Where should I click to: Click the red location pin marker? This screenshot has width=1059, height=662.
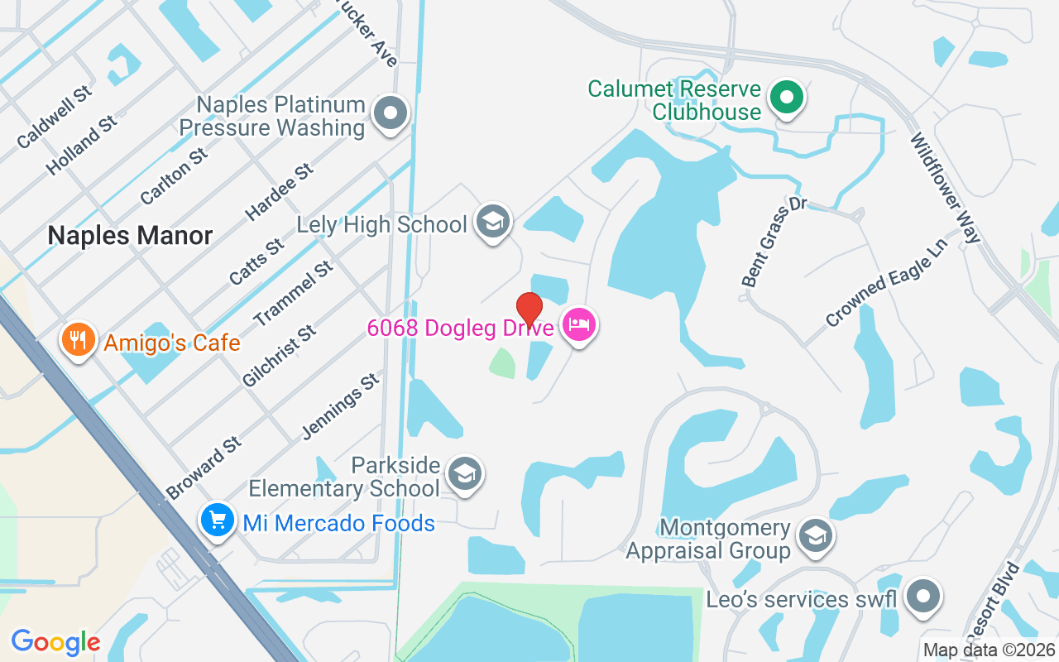coord(529,309)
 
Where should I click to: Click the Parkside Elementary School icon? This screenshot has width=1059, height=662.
coord(465,474)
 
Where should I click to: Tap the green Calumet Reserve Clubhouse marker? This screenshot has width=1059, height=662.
coord(787,98)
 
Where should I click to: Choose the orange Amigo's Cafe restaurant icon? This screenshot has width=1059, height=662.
coord(78,341)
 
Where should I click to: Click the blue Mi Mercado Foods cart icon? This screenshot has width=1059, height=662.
coord(217,521)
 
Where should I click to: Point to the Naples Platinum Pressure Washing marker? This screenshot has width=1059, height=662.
coord(391,114)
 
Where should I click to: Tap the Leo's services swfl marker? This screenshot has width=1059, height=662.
coord(922,597)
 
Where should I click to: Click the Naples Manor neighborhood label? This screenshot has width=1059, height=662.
coord(130,236)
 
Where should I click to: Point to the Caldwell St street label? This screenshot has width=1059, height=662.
coord(55,118)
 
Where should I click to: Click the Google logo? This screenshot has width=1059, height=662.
coord(55,641)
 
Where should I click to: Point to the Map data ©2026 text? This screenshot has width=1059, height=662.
coord(989,650)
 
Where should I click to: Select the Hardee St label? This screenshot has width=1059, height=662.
coord(280,191)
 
